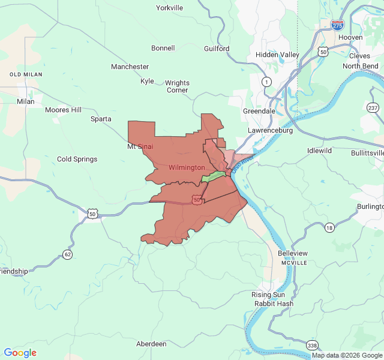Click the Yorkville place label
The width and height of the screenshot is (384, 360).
[x=169, y=8]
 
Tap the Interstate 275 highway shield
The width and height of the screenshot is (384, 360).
[x=338, y=25]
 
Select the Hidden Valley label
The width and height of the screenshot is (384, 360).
[x=277, y=55]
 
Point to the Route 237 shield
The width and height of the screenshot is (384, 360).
[x=373, y=107]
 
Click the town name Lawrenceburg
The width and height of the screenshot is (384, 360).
[x=270, y=130]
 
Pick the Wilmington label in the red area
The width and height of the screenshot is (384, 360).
[x=187, y=167]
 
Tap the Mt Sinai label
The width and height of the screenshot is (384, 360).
[x=140, y=146]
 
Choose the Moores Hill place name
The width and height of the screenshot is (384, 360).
[x=64, y=110]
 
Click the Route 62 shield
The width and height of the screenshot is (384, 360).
[x=67, y=254]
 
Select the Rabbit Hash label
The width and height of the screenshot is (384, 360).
[x=274, y=304]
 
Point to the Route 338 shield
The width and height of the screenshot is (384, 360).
[x=312, y=345]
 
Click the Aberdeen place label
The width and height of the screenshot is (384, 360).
[x=151, y=344]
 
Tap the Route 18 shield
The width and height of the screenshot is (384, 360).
[x=329, y=227]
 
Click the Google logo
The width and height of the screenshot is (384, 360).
[x=20, y=353]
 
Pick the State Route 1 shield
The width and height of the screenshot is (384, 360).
[x=266, y=81]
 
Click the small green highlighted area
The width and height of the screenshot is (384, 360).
[x=213, y=176]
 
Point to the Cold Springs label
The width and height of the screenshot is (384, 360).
[x=77, y=159]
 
